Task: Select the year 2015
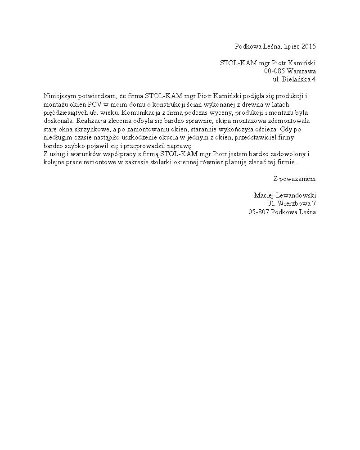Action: [309, 46]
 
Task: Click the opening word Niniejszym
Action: [60, 96]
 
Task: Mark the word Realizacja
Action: [94, 121]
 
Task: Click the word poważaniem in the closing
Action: [298, 179]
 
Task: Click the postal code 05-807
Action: [259, 212]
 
